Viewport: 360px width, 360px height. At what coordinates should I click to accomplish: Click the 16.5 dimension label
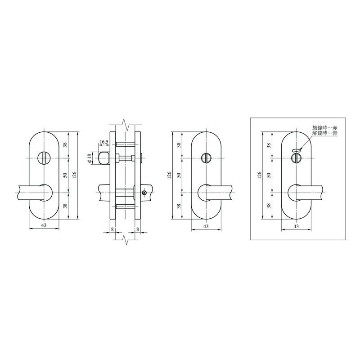[x=104, y=142]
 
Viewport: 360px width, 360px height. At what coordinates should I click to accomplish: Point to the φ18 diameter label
[x=90, y=158]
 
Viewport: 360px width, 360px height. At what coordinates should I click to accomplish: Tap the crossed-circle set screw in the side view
[x=144, y=193]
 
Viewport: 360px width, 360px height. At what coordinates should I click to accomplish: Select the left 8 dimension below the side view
[x=112, y=229]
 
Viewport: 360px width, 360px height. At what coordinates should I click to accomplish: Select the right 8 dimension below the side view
[x=137, y=229]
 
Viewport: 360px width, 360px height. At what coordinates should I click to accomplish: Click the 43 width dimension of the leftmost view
[x=44, y=225]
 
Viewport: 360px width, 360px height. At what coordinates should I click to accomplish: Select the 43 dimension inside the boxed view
[x=296, y=227]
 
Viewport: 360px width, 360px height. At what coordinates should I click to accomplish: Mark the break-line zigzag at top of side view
[x=127, y=123]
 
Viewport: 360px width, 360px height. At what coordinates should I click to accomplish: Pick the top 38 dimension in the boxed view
[x=269, y=145]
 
